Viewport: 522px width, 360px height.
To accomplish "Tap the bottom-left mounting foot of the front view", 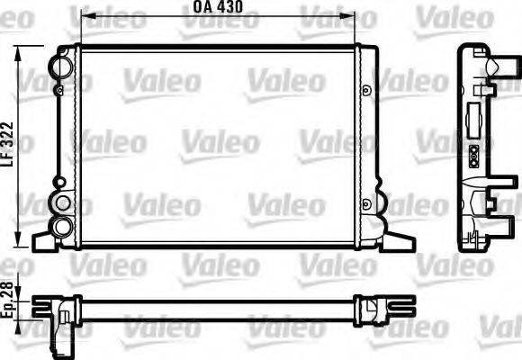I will point(45,241).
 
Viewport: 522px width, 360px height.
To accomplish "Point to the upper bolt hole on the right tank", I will point(367,88).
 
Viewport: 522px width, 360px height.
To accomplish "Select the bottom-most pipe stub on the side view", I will point(494,216).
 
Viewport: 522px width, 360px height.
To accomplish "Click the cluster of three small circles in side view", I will point(472,154).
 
